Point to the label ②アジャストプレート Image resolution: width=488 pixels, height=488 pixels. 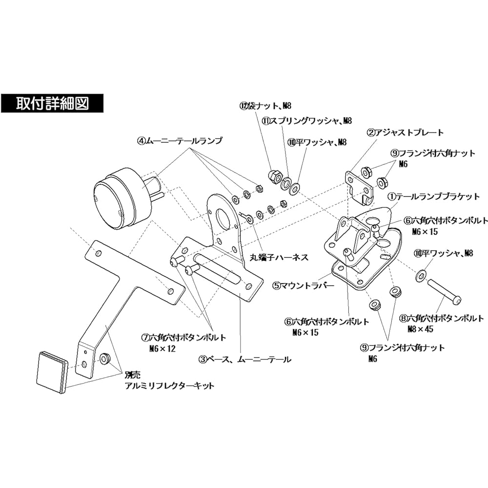[406, 132]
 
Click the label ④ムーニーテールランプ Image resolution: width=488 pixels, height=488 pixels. [179, 141]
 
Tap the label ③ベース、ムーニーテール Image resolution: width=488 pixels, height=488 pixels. [244, 360]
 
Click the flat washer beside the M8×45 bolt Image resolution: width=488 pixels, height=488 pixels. [421, 276]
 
